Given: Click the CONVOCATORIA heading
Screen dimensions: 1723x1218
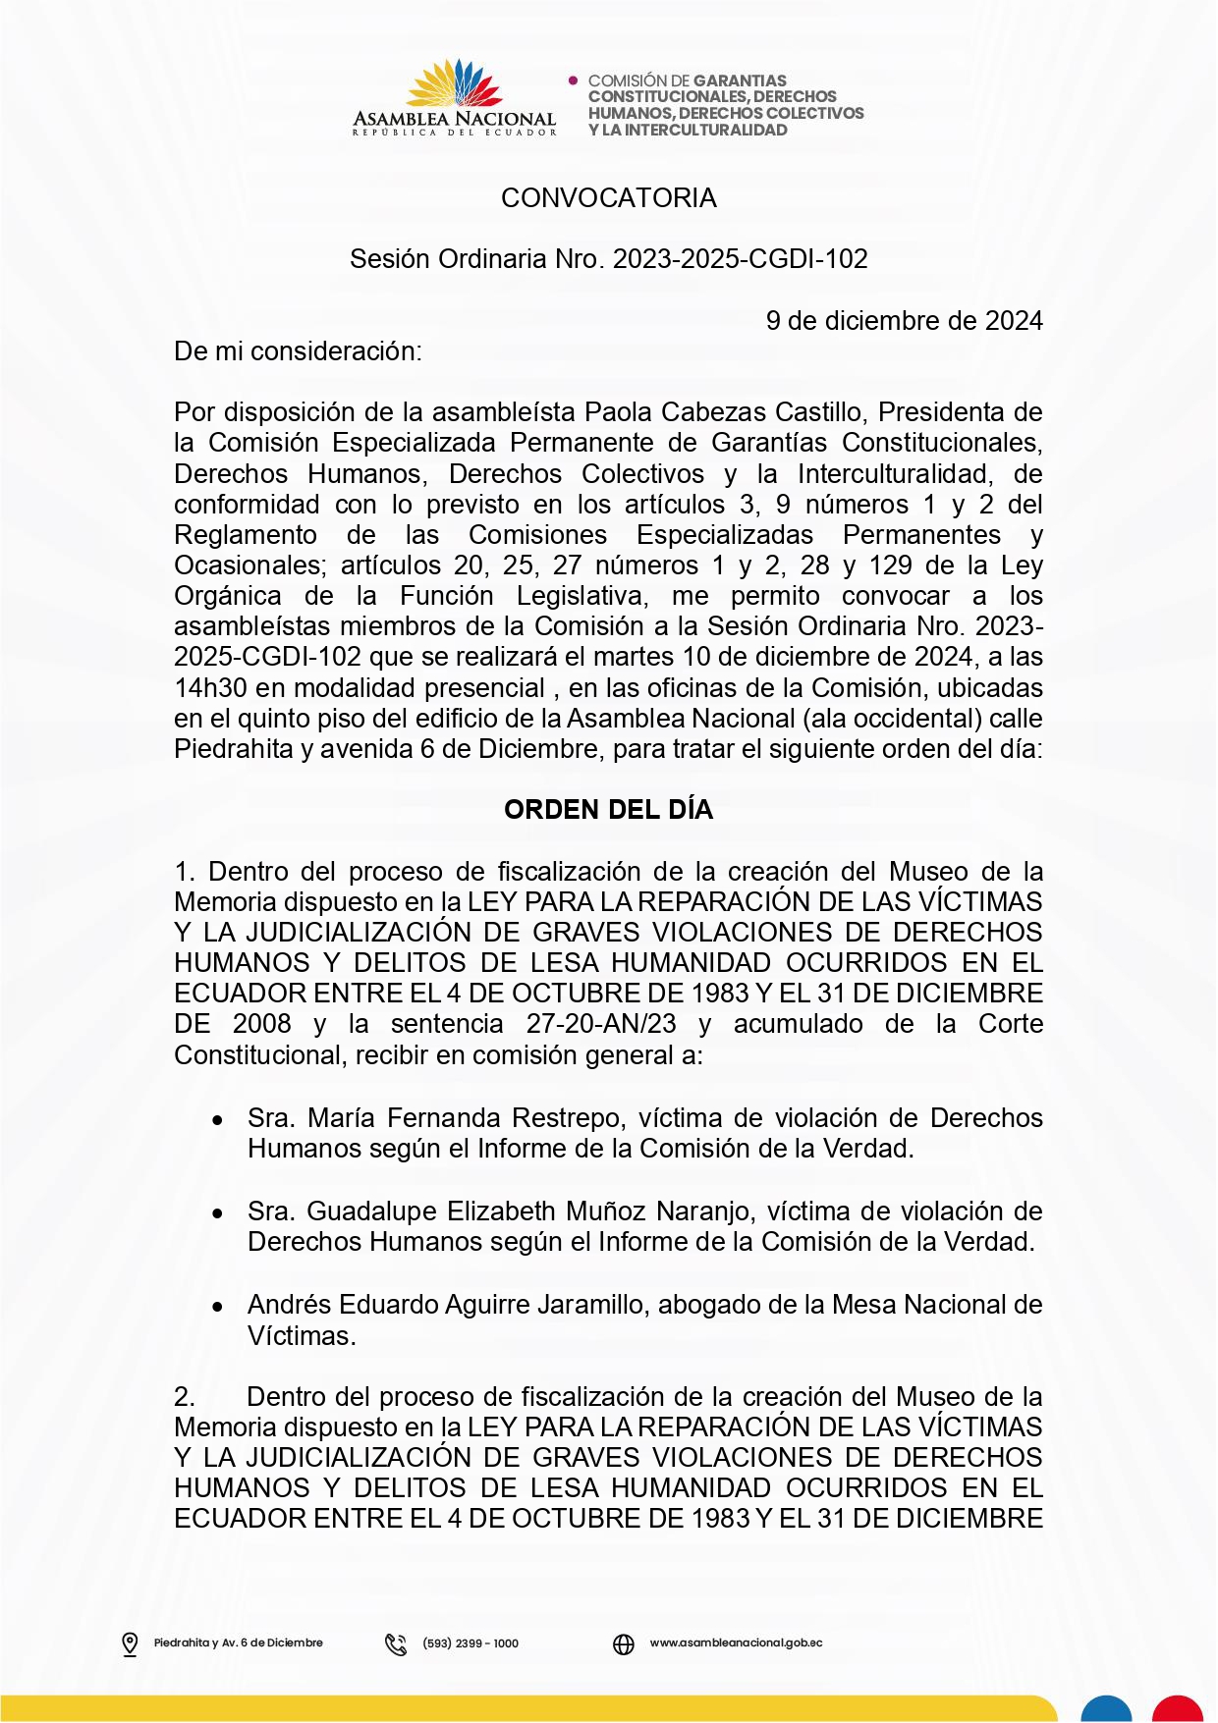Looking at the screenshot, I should point(608,198).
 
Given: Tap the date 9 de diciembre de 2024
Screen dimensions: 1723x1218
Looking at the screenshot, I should point(904,321).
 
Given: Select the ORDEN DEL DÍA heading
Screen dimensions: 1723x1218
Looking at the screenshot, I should point(608,810).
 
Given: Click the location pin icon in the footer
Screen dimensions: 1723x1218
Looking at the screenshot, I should point(130,1643).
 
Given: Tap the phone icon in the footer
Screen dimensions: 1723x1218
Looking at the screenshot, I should point(396,1643).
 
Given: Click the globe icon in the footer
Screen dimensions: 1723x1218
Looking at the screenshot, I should point(624,1643).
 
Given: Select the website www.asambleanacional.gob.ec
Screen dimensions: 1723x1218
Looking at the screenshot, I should point(736,1643).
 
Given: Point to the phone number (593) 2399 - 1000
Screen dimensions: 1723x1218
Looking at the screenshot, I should point(471,1643).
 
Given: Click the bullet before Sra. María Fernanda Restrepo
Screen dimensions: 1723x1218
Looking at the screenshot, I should point(217,1120).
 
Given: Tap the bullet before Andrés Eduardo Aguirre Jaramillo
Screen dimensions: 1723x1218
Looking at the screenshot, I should point(217,1307).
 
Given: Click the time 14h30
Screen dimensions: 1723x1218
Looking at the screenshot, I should point(210,688).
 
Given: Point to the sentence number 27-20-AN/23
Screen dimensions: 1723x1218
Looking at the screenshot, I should point(601,1024).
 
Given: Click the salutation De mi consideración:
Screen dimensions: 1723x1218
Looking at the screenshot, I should point(298,351).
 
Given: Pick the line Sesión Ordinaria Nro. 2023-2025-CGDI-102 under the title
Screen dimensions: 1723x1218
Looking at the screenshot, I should point(608,259).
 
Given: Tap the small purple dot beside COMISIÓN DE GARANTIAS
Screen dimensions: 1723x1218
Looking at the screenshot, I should point(573,81).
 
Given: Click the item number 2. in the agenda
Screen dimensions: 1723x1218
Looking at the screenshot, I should point(185,1397).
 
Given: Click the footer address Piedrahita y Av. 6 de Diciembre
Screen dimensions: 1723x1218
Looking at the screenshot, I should point(238,1643).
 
